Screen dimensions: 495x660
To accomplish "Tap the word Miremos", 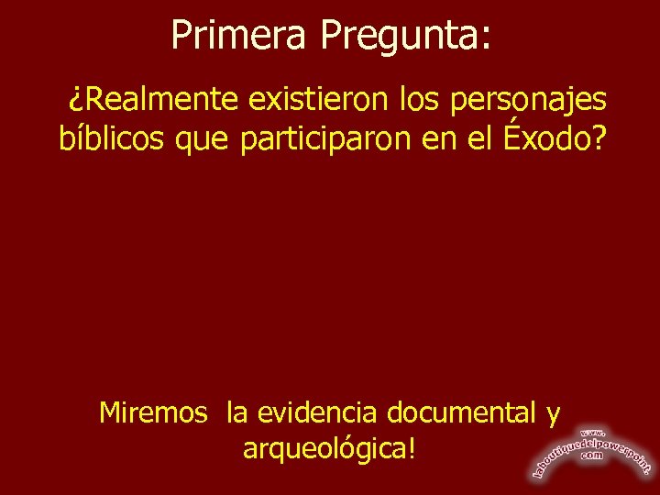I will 153,413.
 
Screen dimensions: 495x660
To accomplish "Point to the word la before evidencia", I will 238,413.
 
